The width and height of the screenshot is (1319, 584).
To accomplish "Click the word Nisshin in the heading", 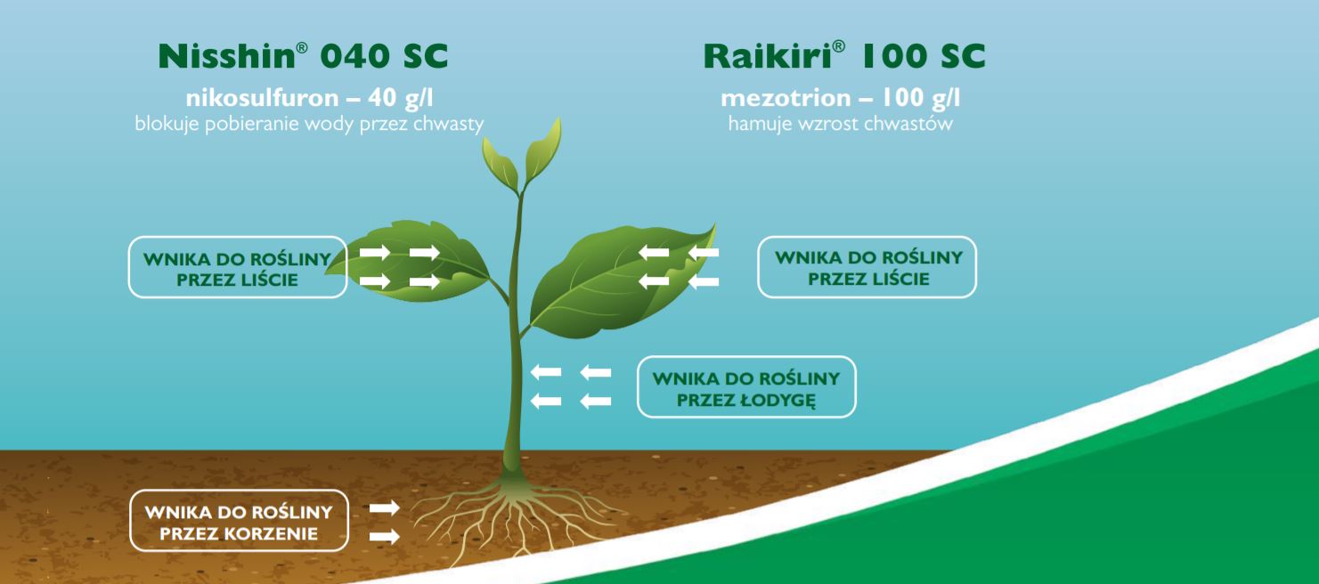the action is coord(227,56).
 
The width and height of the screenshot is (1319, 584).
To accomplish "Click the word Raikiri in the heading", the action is coord(767,56).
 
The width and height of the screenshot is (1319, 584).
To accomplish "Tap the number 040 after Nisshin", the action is coord(354,56).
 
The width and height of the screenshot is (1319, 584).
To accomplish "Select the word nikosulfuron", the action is coord(263,98).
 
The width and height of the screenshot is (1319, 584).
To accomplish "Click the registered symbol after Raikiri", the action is coord(838,46).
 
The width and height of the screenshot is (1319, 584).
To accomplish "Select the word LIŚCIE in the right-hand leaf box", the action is coord(899,279).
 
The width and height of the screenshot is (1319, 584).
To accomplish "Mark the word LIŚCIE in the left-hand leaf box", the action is coord(267,280).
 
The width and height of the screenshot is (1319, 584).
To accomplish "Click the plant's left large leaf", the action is coord(412,262).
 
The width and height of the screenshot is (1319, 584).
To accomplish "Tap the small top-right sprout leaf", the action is coord(542,150).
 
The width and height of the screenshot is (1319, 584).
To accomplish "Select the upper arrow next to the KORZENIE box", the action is coord(385,507).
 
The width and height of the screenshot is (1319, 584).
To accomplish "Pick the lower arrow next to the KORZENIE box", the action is coord(385,536).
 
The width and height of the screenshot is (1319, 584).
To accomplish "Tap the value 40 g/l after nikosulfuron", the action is coord(401,98).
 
